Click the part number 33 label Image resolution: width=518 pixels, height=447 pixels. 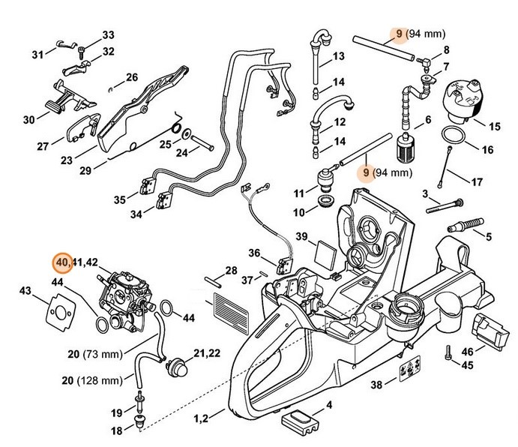(109, 35)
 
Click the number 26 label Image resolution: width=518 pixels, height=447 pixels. (131, 77)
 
